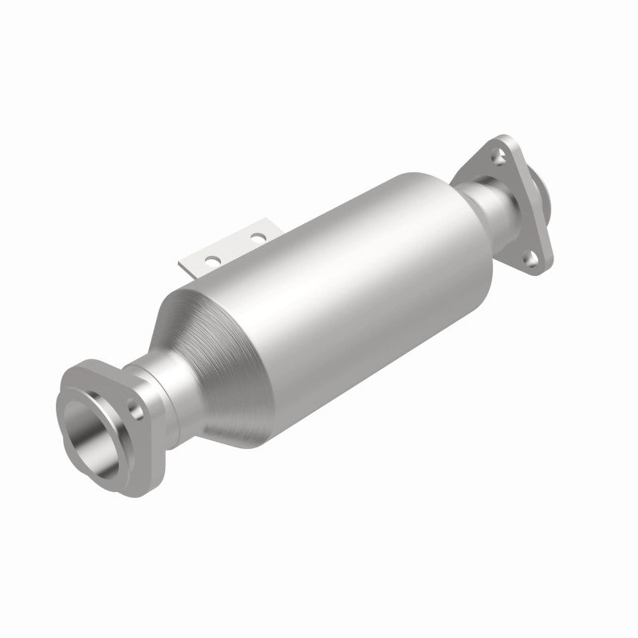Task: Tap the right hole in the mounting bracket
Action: [256, 238]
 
